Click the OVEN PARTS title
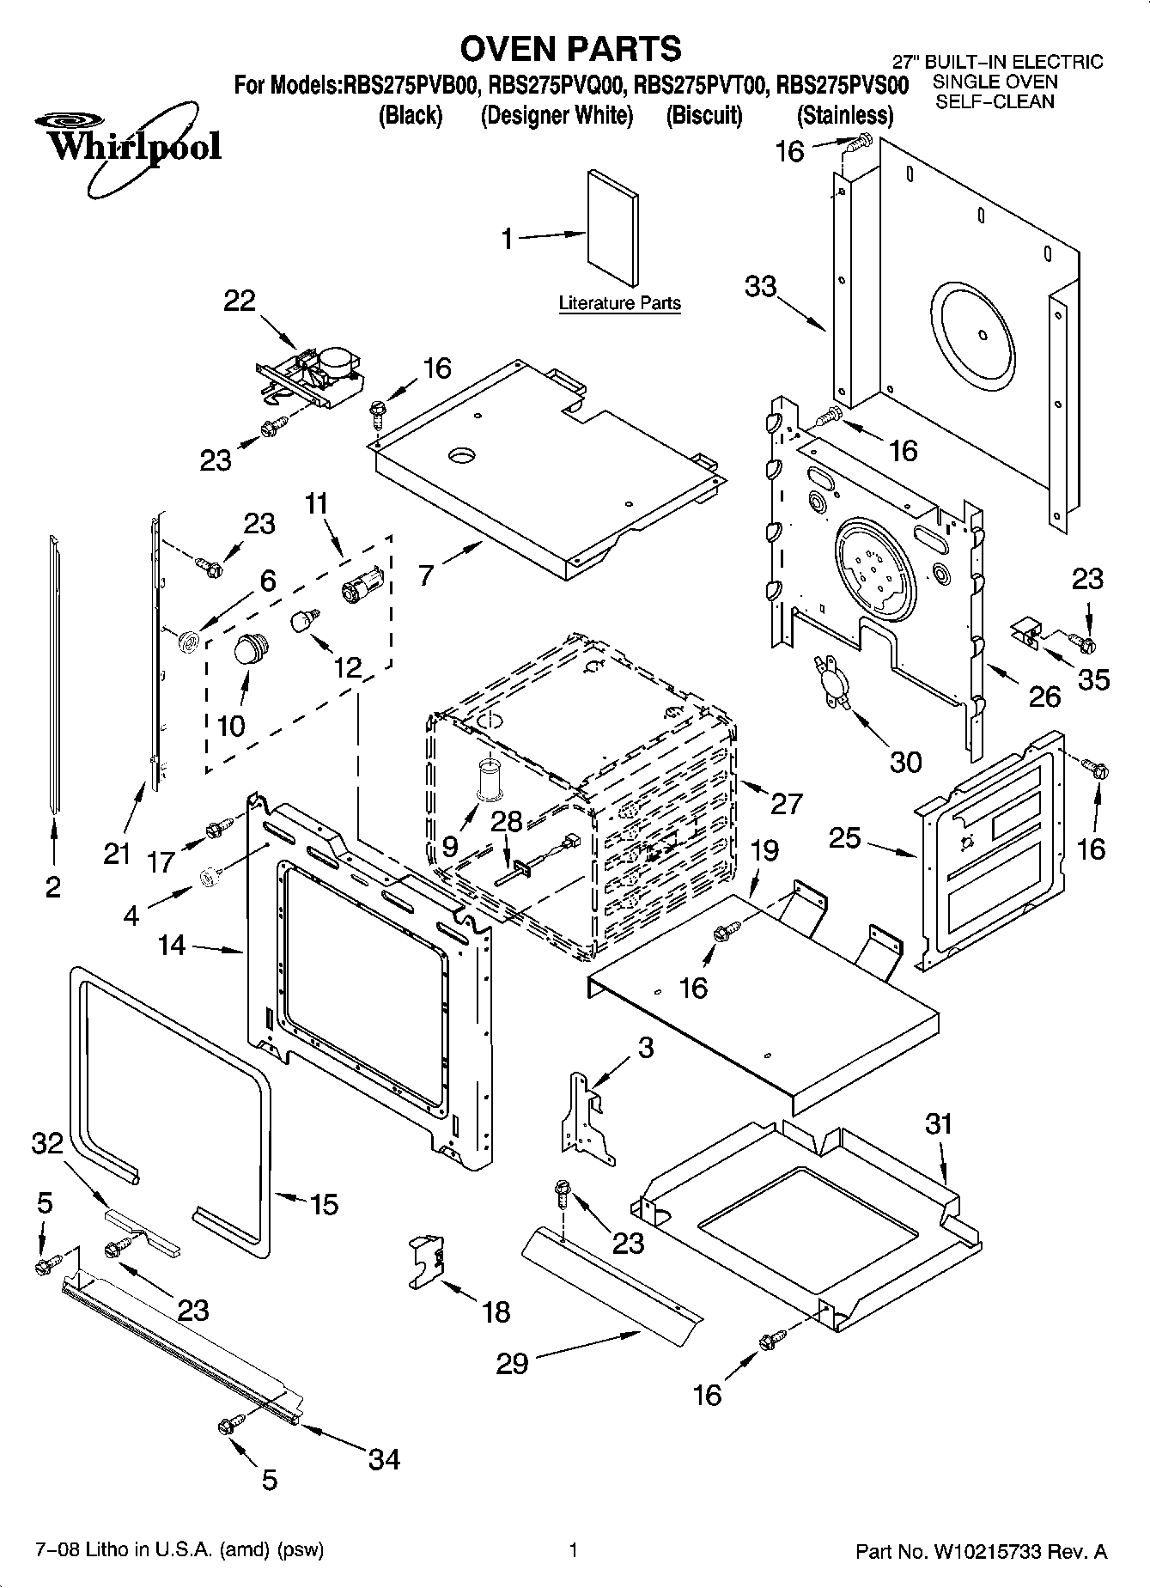click(570, 49)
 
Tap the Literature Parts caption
click(619, 303)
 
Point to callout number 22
click(240, 301)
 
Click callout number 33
click(761, 286)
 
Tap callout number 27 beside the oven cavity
click(785, 803)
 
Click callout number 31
click(939, 1123)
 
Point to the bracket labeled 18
click(427, 1259)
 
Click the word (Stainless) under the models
click(844, 115)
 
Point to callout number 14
click(172, 946)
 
